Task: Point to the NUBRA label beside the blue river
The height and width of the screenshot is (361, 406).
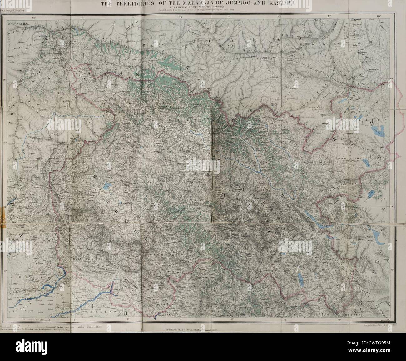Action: (x=250, y=163)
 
